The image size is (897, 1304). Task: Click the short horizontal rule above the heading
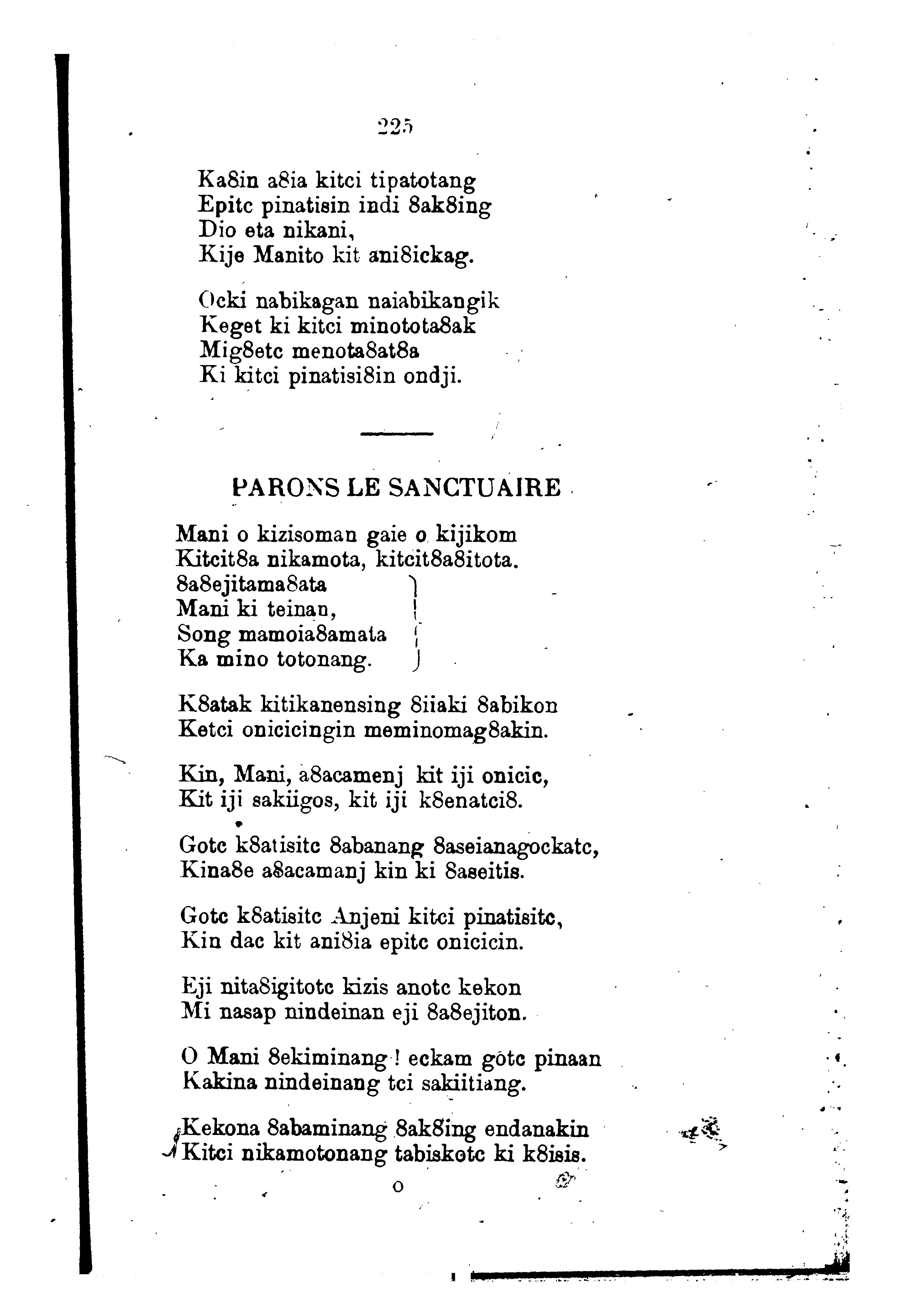tap(397, 433)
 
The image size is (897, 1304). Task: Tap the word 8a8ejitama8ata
tap(251, 586)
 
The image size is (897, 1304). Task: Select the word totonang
tap(324, 660)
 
